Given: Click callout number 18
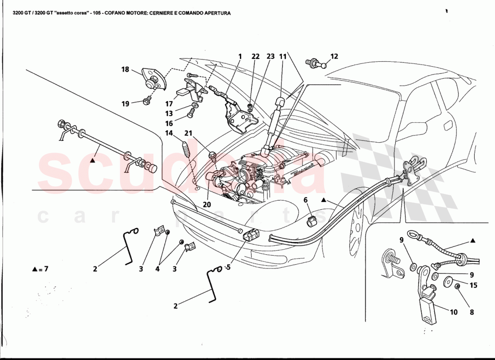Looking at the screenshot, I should tap(125, 69).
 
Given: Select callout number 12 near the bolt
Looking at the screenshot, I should tap(334, 57).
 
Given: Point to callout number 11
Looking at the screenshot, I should tap(283, 57).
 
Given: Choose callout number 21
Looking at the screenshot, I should tap(188, 133).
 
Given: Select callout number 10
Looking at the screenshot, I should tap(453, 312).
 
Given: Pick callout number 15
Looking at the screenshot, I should tap(473, 285).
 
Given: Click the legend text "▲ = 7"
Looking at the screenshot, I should tap(40, 269).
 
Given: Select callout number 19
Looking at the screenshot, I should tap(125, 103).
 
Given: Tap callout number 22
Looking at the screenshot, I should tap(256, 57).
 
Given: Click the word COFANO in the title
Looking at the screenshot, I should tap(133, 13).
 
